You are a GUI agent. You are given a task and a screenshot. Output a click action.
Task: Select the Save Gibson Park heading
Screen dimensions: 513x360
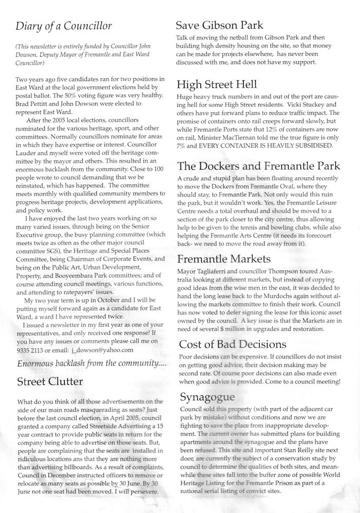coord(220,25)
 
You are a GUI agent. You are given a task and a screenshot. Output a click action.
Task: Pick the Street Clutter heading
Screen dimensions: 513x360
coord(49,382)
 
